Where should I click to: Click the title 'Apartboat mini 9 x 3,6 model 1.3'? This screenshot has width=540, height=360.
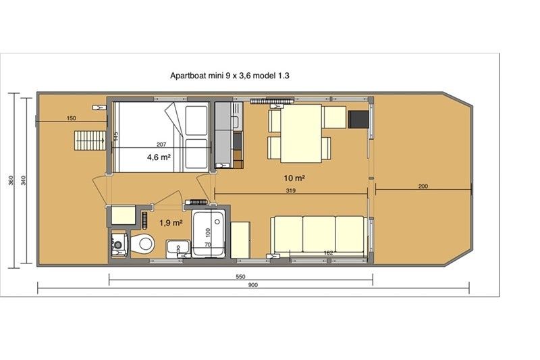tap(230, 76)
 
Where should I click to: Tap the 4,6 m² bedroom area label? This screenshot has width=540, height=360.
tap(159, 157)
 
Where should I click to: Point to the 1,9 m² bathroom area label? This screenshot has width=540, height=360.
tap(170, 222)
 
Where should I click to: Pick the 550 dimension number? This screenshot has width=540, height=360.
tap(240, 276)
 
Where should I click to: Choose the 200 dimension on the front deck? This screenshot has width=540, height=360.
tap(423, 186)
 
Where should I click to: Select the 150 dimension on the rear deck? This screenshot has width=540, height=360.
tap(72, 118)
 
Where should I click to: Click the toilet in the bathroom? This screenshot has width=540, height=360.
tap(142, 242)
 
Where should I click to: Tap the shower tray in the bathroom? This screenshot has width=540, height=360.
tap(209, 234)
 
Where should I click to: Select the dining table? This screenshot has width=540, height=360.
tap(300, 133)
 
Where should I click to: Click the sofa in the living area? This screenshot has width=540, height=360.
tap(319, 234)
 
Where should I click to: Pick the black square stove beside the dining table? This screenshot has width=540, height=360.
tap(358, 119)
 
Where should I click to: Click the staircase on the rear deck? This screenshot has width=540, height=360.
tap(87, 140)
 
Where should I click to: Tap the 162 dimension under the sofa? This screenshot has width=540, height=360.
tap(328, 253)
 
